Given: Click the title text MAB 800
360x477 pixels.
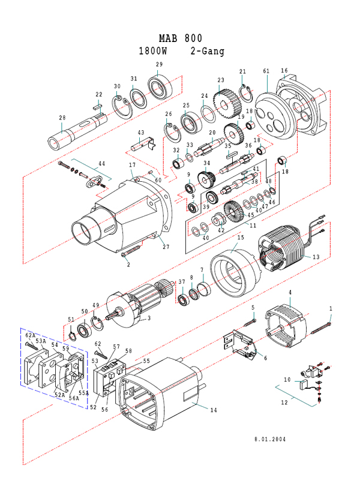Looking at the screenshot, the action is coord(181,38).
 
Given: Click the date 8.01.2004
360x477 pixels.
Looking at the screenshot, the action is coord(270,439).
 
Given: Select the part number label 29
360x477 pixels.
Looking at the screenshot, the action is coord(159,64).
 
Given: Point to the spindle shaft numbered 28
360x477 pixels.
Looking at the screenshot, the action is coord(77,131).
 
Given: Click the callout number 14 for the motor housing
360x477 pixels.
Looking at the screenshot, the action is coord(214,410).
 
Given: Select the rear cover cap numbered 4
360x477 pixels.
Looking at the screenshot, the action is coord(286,326).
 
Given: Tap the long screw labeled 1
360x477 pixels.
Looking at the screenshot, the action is coord(321,328).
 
